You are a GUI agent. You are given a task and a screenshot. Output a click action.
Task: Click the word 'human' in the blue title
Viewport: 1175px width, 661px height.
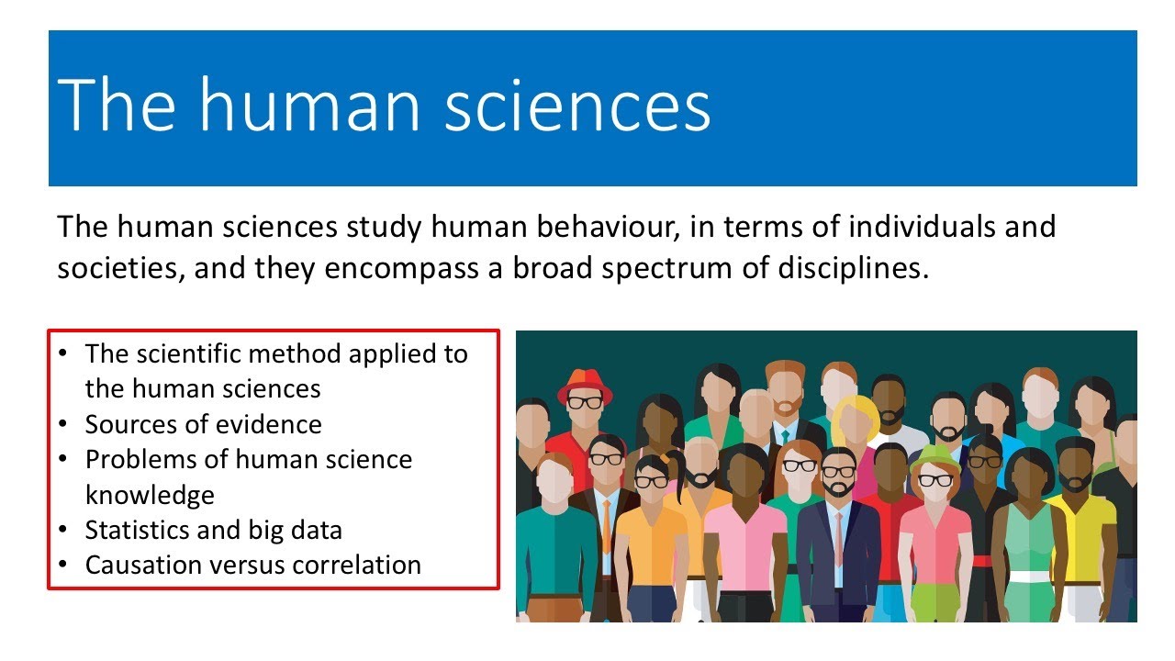pos(308,106)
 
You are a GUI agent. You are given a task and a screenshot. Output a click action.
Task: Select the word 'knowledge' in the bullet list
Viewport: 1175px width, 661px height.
pos(150,495)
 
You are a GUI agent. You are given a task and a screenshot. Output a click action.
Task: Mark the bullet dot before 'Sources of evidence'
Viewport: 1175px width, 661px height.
pos(62,425)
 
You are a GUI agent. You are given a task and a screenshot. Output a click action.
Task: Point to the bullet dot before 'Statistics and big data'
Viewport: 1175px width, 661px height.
pos(62,531)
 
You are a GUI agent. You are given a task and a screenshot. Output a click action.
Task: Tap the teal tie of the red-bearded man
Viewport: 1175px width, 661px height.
pos(786,435)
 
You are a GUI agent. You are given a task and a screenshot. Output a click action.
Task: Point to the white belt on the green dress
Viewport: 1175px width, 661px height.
pos(1029,577)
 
